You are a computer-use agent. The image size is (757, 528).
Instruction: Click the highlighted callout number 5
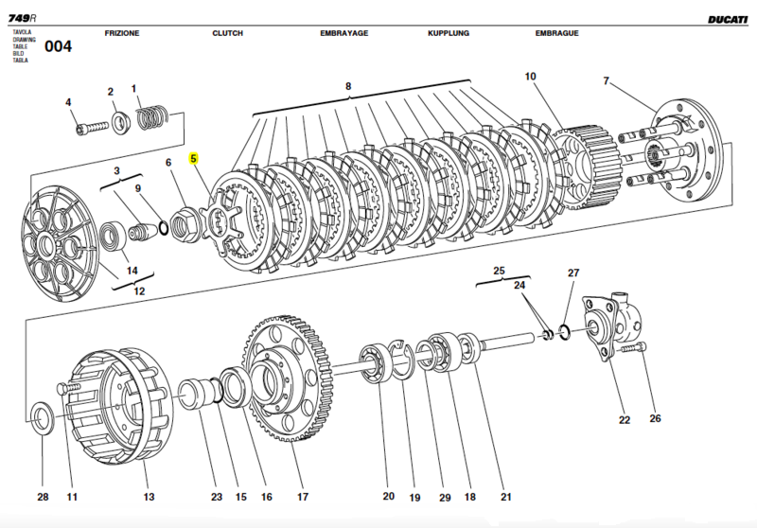(x=194, y=158)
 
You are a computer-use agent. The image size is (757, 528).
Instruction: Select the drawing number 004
(x=59, y=46)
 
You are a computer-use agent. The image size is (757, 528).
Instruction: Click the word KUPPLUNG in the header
(x=449, y=33)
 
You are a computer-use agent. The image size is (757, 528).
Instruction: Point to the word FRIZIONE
(x=122, y=33)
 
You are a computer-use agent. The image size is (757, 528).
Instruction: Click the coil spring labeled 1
(x=150, y=119)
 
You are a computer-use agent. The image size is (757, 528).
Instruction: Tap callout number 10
(x=530, y=77)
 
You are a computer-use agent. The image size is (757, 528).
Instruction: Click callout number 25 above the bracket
(x=499, y=270)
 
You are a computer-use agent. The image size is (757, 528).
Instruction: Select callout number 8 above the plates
(x=348, y=87)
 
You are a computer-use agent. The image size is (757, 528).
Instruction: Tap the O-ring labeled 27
(x=565, y=330)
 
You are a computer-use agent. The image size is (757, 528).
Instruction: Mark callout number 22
(x=625, y=421)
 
